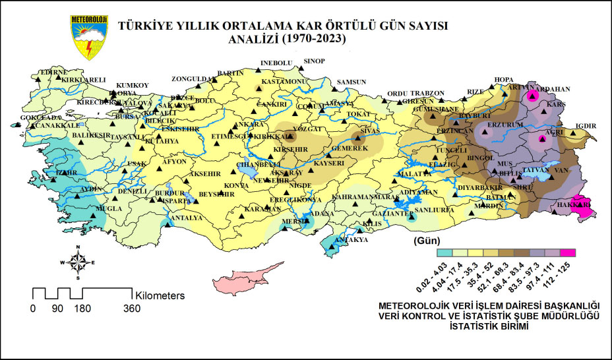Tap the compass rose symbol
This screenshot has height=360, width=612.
click(78, 262)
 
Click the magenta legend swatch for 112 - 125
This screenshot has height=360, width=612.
click(568, 252)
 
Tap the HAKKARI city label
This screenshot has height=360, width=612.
click(578, 206)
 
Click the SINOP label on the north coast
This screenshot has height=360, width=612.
click(314, 61)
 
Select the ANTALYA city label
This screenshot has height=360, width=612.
click(186, 218)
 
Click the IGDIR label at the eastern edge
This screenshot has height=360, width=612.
click(586, 127)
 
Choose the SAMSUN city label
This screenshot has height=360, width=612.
click(352, 82)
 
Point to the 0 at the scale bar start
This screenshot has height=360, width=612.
click(32, 309)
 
